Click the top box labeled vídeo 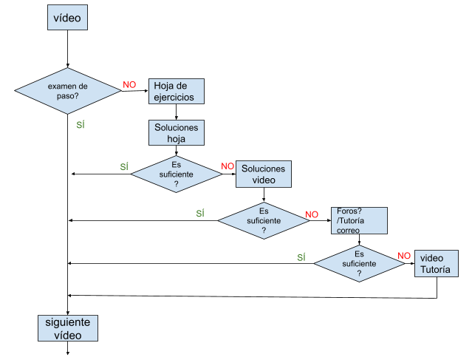point(67,18)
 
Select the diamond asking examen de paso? point(68,91)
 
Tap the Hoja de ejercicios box point(177,91)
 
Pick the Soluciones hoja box point(177,132)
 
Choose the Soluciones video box point(264,174)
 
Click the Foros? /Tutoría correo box point(359,220)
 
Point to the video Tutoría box point(437,264)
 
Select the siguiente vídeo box point(68,328)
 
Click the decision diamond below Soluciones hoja point(177,174)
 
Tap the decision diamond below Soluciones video point(264,220)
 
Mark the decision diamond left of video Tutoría point(359,264)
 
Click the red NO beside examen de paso point(129,85)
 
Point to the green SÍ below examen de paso point(81,124)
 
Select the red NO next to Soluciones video point(228,166)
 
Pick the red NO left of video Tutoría point(404,256)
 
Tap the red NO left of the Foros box point(312,214)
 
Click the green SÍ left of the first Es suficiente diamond point(124,166)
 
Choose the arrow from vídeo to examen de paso point(67,49)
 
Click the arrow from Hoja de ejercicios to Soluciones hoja point(176,112)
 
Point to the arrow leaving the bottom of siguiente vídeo point(67,348)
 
